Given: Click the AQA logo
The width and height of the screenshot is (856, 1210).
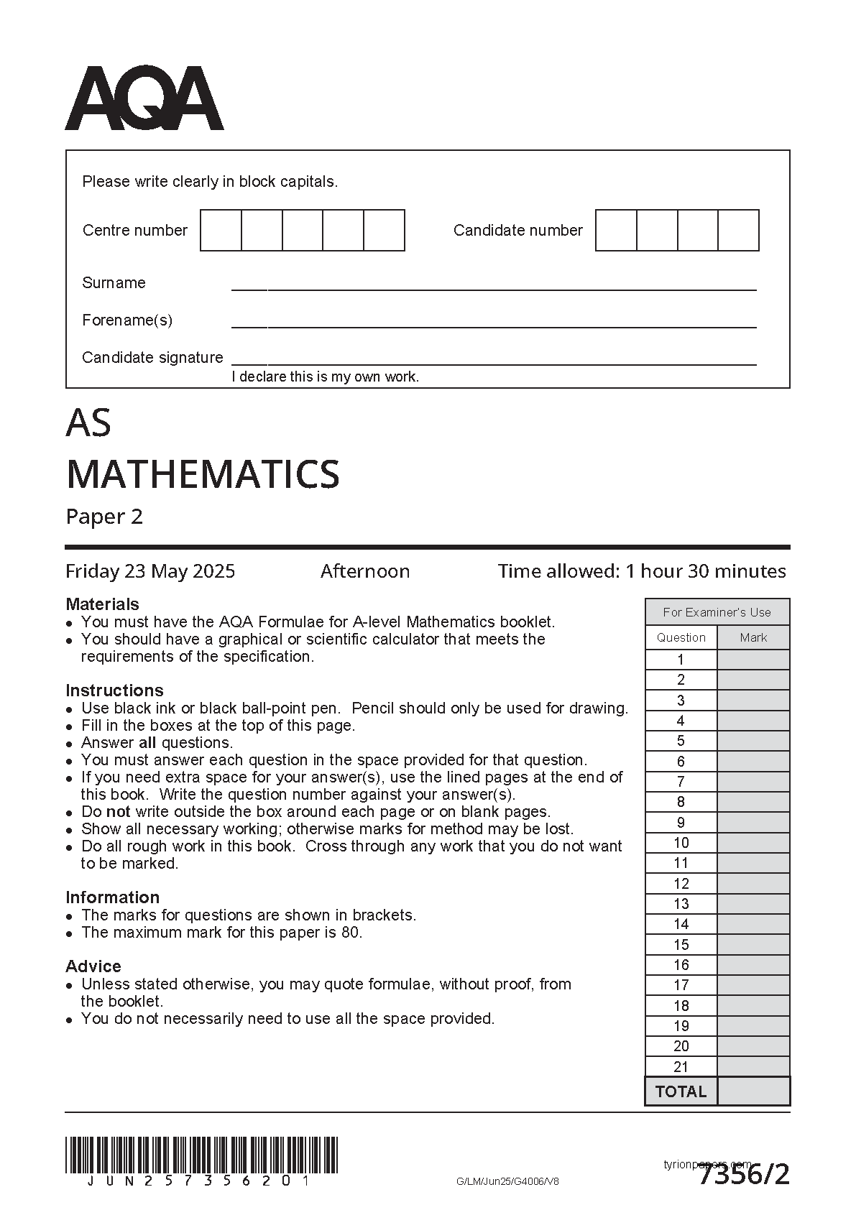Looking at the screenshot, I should click(x=144, y=98).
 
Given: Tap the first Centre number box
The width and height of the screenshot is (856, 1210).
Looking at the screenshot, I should click(x=221, y=230).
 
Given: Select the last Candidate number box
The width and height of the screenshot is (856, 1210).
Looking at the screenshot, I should click(x=738, y=230).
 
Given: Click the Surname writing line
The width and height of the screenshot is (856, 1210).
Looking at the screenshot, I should click(x=493, y=287).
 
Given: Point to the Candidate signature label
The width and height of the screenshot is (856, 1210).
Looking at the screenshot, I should click(x=152, y=357).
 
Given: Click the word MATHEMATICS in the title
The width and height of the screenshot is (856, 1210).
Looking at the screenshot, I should click(x=203, y=474).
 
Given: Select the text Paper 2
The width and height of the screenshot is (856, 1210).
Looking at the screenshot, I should click(x=104, y=517).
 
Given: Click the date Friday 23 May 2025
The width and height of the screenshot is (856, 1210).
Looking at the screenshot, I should click(x=150, y=571).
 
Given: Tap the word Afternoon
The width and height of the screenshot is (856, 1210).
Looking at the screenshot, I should click(x=365, y=571).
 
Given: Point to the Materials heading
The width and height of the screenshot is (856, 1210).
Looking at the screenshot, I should click(x=102, y=604).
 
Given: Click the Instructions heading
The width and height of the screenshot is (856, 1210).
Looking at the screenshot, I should click(x=114, y=691).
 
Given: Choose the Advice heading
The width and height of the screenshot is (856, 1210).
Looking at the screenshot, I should click(x=93, y=966).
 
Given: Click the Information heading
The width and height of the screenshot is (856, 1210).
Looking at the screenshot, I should click(x=112, y=897).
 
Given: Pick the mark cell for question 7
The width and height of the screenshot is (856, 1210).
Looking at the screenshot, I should click(x=753, y=782).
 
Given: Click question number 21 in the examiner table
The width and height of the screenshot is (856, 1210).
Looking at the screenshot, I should click(x=681, y=1067).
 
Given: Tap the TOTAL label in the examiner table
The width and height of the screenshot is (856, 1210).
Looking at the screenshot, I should click(x=681, y=1091).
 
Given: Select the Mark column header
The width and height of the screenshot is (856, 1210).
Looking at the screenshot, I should click(x=753, y=637).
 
